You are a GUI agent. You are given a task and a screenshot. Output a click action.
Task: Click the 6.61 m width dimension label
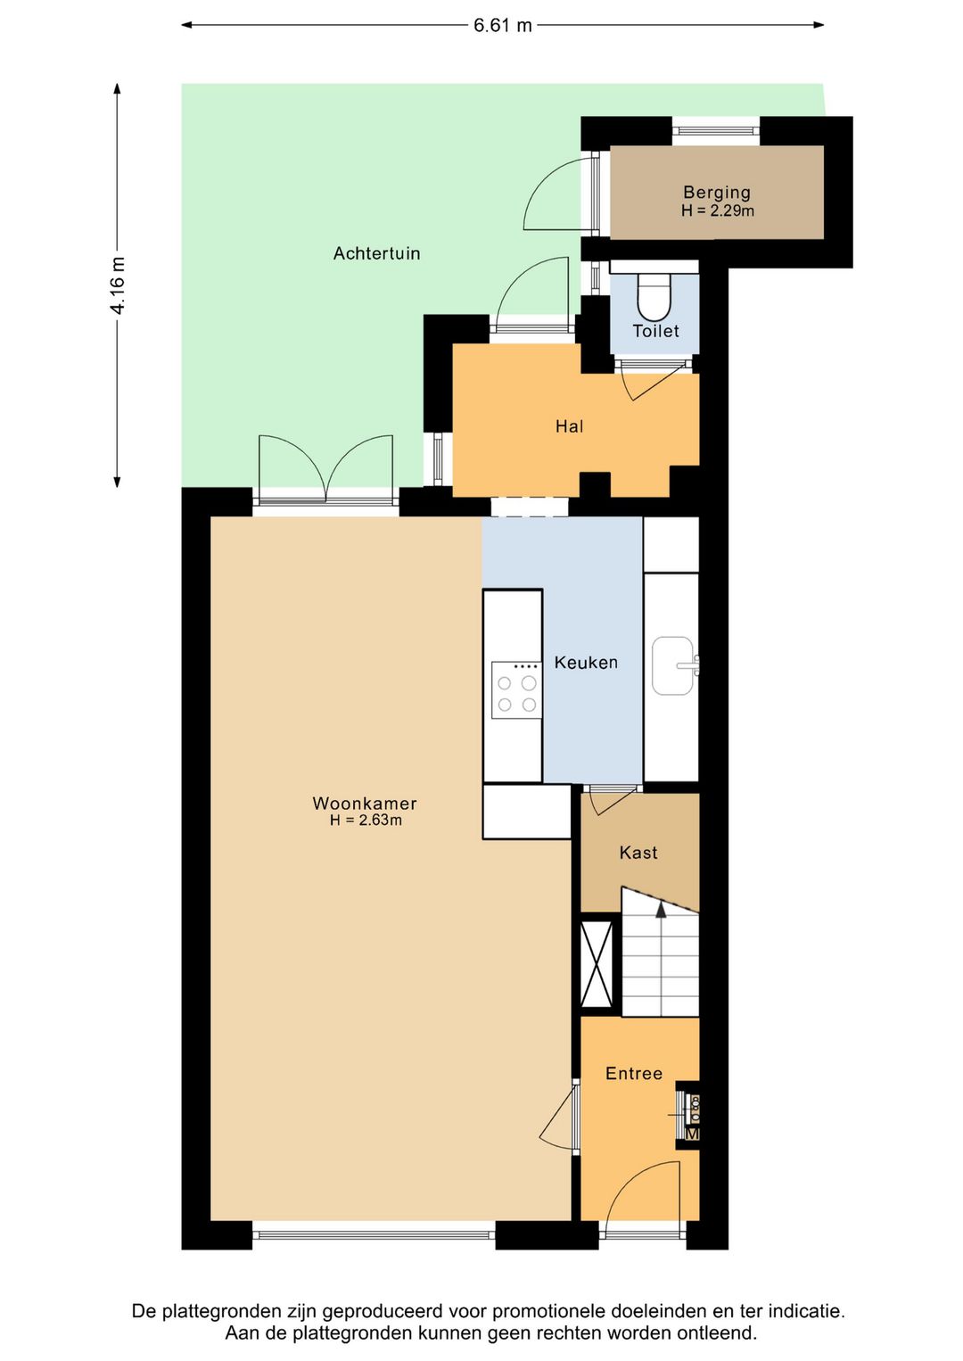(503, 26)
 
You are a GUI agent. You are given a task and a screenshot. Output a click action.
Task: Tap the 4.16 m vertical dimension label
(118, 285)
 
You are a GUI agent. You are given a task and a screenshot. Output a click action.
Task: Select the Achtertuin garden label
(376, 253)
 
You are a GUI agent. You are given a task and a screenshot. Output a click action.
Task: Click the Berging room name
(717, 192)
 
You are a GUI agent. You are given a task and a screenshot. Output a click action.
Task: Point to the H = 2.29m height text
(718, 210)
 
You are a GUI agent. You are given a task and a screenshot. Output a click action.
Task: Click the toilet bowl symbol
(654, 296)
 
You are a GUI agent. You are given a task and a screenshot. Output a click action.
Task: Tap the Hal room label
(569, 426)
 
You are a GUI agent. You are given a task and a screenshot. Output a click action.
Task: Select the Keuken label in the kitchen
(586, 663)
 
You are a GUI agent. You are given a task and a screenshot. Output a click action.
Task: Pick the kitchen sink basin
(672, 665)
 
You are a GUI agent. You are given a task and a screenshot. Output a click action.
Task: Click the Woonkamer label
(365, 804)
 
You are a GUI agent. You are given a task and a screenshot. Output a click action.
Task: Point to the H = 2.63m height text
(366, 821)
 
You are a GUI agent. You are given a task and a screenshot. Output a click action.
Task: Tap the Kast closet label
(638, 853)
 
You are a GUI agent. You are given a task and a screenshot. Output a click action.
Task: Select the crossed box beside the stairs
(597, 965)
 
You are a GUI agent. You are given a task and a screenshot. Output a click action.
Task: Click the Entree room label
(634, 1074)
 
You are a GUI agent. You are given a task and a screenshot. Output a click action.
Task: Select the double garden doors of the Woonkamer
(325, 470)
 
